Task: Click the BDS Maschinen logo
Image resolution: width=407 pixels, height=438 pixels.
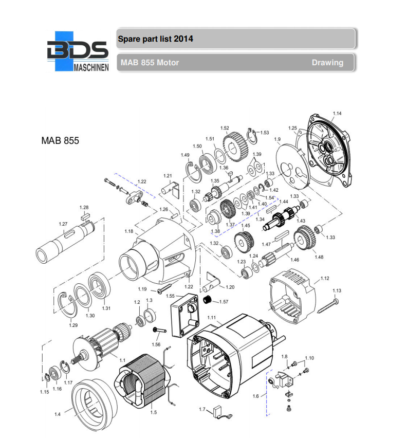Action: click(78, 51)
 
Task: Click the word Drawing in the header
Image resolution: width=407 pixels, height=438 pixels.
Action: click(327, 63)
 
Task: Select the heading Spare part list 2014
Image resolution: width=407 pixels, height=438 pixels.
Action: click(155, 39)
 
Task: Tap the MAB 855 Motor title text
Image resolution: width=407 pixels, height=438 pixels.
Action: click(150, 63)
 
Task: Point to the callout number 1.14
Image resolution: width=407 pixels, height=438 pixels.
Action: click(337, 113)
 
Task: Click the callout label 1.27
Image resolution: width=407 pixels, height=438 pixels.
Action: click(63, 224)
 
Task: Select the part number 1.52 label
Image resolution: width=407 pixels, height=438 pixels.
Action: click(225, 128)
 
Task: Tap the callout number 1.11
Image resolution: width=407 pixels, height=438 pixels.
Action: click(212, 318)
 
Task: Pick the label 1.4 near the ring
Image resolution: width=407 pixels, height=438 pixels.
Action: click(57, 414)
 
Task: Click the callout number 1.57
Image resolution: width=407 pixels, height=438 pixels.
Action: click(224, 301)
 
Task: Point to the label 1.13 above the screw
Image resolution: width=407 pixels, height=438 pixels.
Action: click(337, 290)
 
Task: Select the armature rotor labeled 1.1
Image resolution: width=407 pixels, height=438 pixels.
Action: click(103, 342)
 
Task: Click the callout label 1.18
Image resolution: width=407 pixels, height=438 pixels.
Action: click(128, 232)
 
